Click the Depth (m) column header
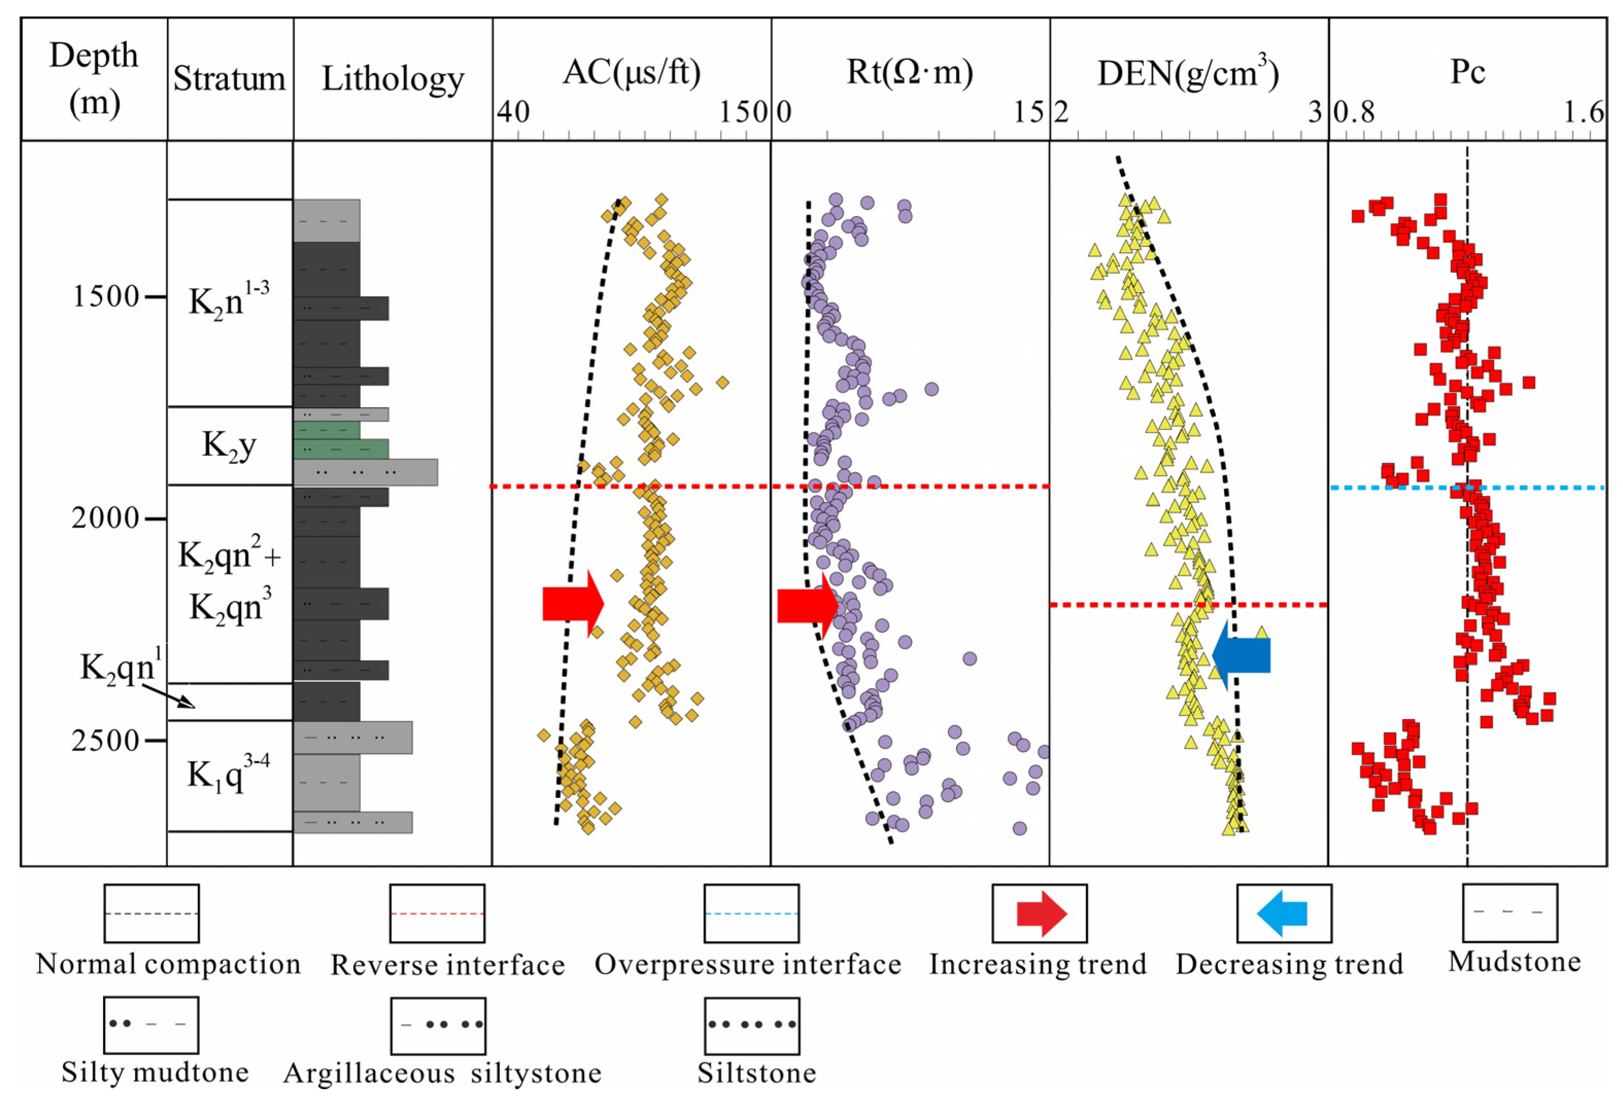pyautogui.click(x=94, y=79)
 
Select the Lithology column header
pyautogui.click(x=393, y=79)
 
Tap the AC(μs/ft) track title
pyautogui.click(x=631, y=72)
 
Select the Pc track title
pyautogui.click(x=1467, y=72)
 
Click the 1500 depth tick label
pyautogui.click(x=106, y=297)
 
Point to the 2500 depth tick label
pyautogui.click(x=106, y=740)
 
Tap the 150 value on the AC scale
pyautogui.click(x=744, y=112)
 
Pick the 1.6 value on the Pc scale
pyautogui.click(x=1584, y=112)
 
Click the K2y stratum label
pyautogui.click(x=229, y=445)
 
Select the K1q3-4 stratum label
pyautogui.click(x=228, y=774)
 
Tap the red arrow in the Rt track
pyautogui.click(x=807, y=605)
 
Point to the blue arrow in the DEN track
pyautogui.click(x=1241, y=655)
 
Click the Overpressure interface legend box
pyautogui.click(x=751, y=913)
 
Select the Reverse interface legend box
pyautogui.click(x=437, y=913)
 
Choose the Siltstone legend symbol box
pyautogui.click(x=751, y=1025)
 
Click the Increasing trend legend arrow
pyautogui.click(x=1041, y=913)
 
